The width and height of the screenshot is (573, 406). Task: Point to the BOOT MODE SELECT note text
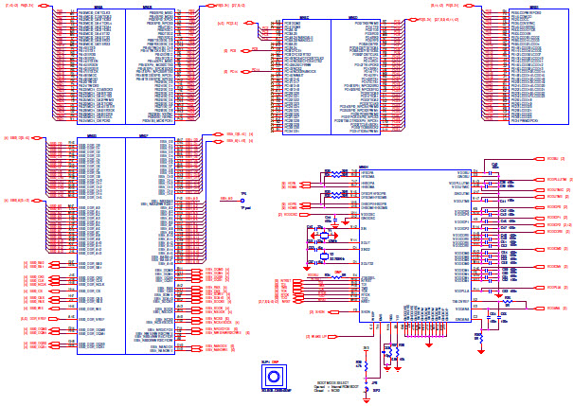point(321,379)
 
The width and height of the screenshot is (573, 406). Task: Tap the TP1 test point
point(244,200)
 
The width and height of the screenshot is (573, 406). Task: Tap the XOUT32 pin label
point(367,262)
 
